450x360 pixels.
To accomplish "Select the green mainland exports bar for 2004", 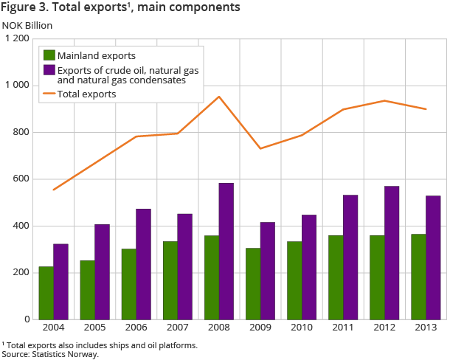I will [46, 293].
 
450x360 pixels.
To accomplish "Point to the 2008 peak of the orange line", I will [219, 97].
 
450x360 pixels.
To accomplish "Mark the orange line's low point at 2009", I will [260, 148].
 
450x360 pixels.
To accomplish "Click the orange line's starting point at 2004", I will [53, 190].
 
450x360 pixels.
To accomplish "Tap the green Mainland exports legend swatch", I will [49, 55].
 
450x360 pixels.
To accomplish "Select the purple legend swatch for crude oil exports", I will [49, 69].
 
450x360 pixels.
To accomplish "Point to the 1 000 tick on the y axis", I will [16, 86].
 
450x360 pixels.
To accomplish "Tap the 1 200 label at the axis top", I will [16, 39].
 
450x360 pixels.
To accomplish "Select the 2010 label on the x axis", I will [302, 328].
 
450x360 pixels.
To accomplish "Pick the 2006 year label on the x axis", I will [136, 328].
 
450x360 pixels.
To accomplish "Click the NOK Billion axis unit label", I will [27, 26].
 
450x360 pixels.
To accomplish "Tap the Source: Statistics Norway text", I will [50, 354].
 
